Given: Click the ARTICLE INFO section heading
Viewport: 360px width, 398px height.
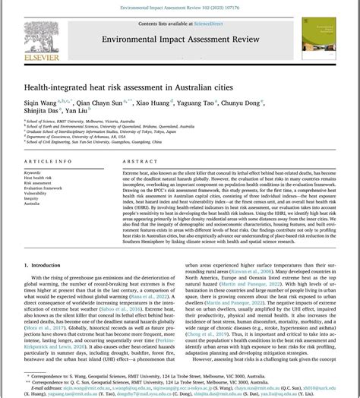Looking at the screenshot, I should (x=49, y=162).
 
